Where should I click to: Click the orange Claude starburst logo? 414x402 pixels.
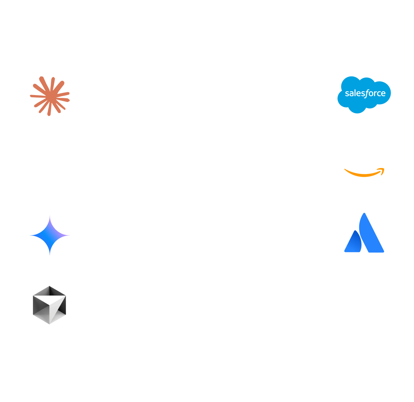pos(50,96)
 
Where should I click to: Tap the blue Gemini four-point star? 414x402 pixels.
pos(50,235)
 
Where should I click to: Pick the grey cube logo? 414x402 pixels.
pos(49,305)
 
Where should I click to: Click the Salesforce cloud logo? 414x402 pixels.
pos(364,94)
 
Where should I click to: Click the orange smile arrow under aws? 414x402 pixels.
pos(364,173)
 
